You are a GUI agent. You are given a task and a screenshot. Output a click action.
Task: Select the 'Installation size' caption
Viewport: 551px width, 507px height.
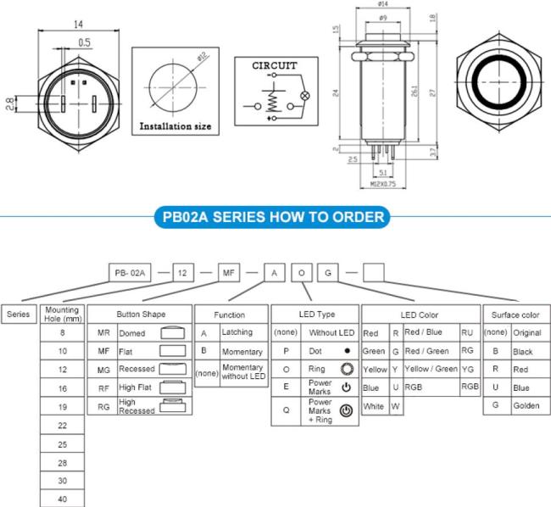click(175, 126)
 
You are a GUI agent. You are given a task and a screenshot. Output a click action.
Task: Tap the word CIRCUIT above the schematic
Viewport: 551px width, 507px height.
click(275, 64)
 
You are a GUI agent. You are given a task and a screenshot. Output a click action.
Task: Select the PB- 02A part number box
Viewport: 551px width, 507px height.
click(131, 272)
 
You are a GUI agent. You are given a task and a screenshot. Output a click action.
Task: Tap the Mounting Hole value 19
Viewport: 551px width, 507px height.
click(62, 407)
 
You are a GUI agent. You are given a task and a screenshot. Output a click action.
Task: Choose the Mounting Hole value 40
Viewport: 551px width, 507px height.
click(62, 499)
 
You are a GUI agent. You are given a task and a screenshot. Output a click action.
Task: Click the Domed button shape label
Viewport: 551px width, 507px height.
click(131, 333)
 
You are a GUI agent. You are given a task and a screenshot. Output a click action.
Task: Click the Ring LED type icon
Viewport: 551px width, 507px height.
click(345, 370)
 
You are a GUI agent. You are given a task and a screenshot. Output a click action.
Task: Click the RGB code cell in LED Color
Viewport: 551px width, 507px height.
click(470, 387)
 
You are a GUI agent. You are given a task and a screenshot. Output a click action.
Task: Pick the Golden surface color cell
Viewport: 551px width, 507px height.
click(526, 406)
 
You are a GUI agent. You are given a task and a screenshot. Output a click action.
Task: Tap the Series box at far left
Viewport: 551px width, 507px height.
click(19, 314)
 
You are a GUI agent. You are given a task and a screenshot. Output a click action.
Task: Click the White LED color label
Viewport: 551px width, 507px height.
click(374, 406)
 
